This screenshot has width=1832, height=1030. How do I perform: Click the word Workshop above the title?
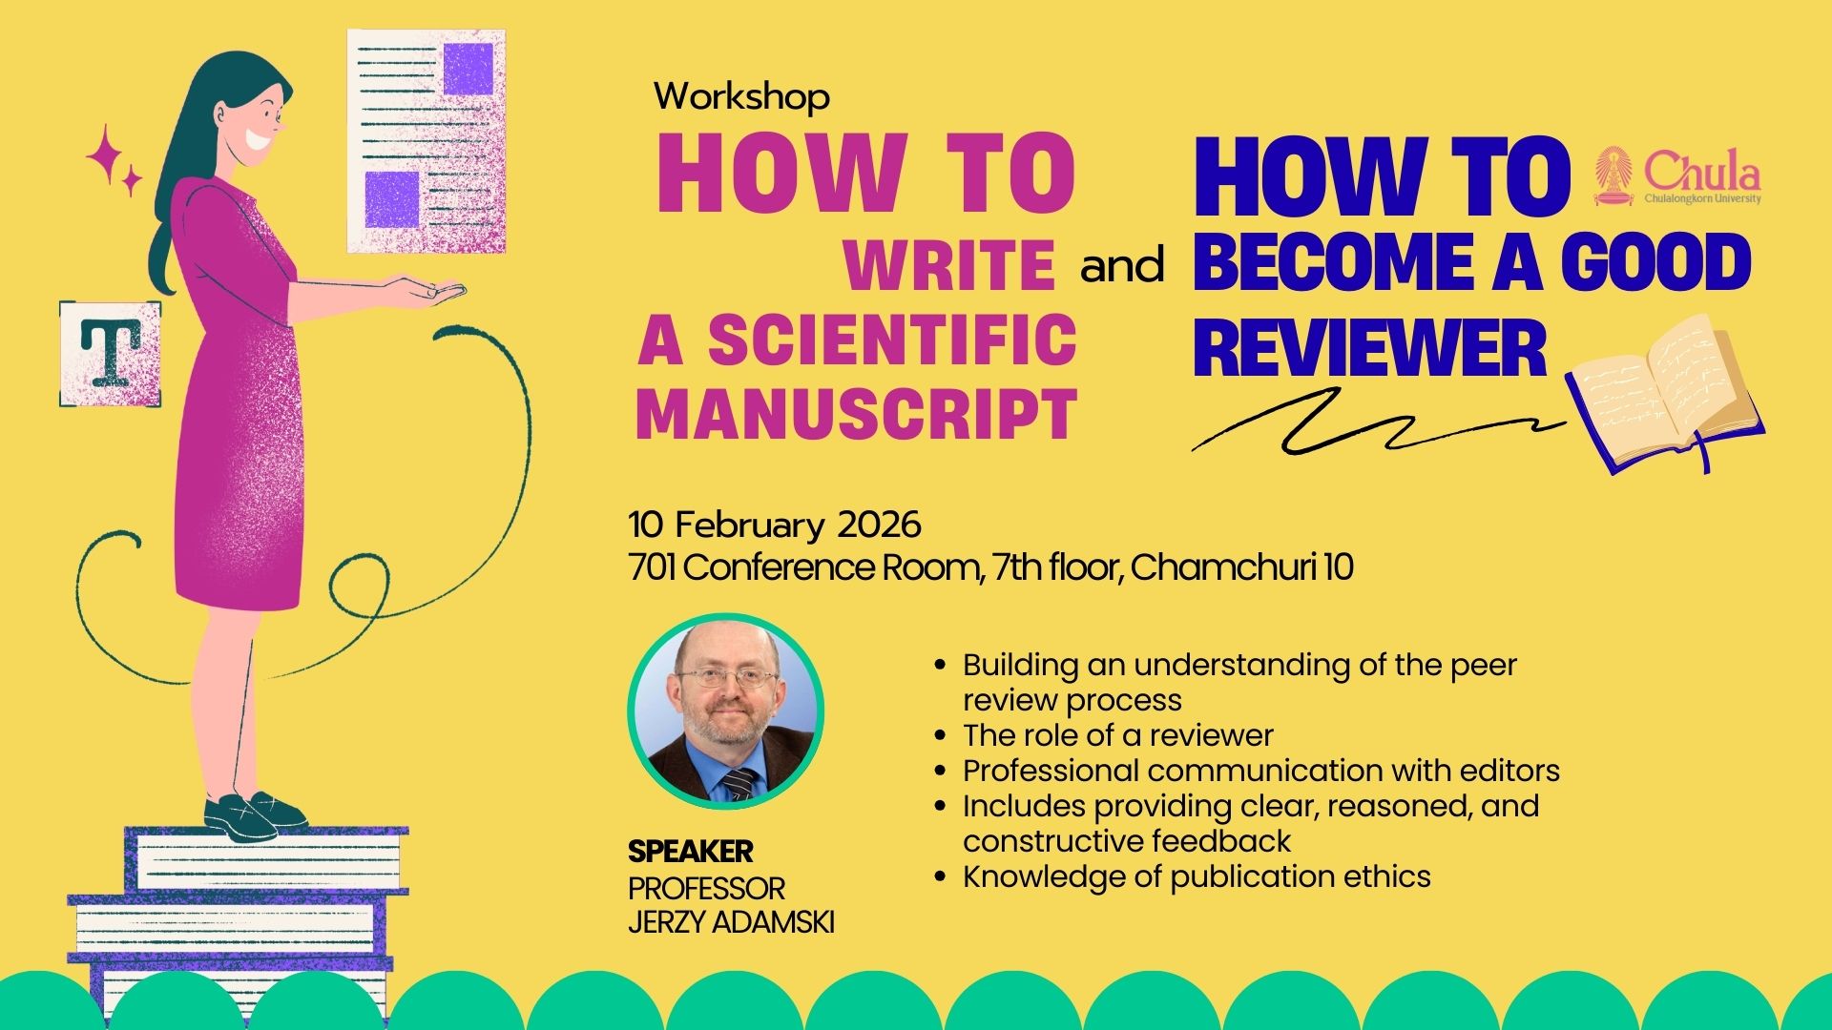click(x=741, y=96)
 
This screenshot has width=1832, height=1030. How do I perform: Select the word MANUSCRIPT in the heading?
click(x=856, y=415)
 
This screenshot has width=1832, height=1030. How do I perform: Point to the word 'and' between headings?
click(x=1122, y=266)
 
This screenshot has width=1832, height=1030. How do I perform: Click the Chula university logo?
click(x=1676, y=176)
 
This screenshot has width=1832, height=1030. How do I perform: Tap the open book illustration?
click(x=1665, y=393)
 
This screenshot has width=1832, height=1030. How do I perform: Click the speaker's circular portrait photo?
click(x=725, y=711)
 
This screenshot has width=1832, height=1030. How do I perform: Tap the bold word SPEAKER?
click(x=691, y=851)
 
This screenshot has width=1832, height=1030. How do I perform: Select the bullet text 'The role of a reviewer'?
click(x=1117, y=735)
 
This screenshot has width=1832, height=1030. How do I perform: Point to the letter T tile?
click(x=111, y=354)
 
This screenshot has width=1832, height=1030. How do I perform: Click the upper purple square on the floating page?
click(x=468, y=70)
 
